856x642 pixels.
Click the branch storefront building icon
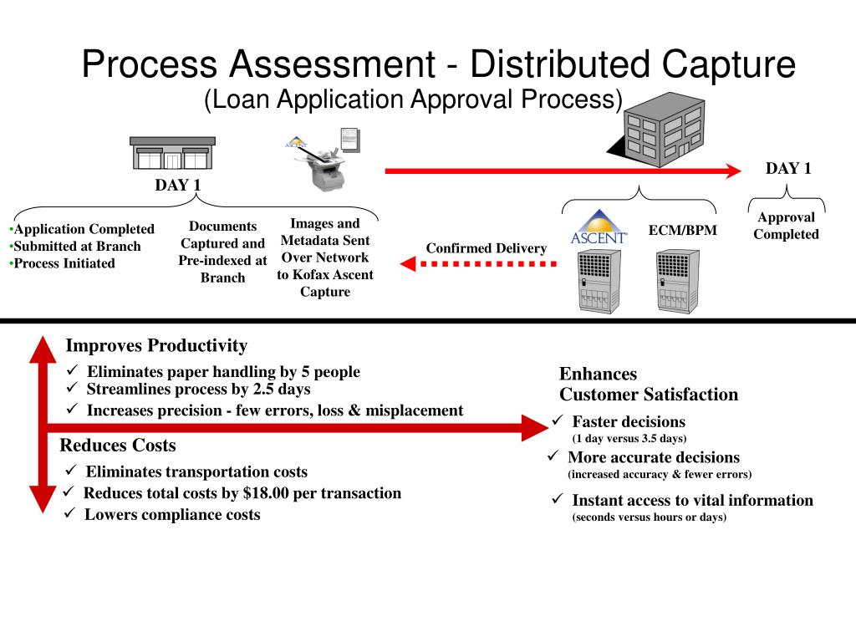pyautogui.click(x=172, y=154)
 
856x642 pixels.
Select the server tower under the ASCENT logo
pyautogui.click(x=599, y=281)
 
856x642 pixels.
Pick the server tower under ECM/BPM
pyautogui.click(x=677, y=281)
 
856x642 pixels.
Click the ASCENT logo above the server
pyautogui.click(x=599, y=227)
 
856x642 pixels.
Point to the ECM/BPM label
pyautogui.click(x=683, y=230)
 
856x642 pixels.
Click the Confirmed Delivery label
pyautogui.click(x=486, y=248)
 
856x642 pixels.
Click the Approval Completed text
pyautogui.click(x=786, y=226)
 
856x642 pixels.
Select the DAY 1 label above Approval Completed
pyautogui.click(x=788, y=168)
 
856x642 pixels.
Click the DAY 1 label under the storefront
pyautogui.click(x=177, y=186)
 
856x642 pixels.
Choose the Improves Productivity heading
pyautogui.click(x=156, y=346)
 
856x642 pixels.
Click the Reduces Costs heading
pyautogui.click(x=118, y=446)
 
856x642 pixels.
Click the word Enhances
pyautogui.click(x=598, y=374)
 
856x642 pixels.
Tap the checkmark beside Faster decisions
pyautogui.click(x=558, y=420)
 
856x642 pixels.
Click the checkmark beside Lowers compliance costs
pyautogui.click(x=70, y=514)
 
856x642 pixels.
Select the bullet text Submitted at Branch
pyautogui.click(x=77, y=246)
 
